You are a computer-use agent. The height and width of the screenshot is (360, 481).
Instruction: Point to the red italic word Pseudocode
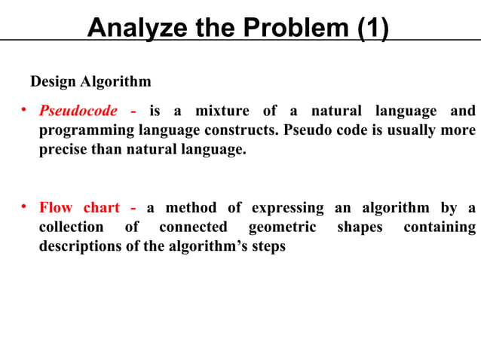[78, 112]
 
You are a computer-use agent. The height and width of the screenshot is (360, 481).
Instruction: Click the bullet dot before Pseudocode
[23, 111]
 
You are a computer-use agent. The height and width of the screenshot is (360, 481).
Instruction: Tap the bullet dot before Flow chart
[23, 206]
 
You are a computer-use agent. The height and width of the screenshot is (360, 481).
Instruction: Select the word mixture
[222, 112]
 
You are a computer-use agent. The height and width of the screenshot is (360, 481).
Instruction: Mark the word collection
[72, 227]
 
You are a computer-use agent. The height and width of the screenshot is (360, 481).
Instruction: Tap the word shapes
[360, 227]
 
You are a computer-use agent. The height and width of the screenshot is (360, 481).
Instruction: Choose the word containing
[439, 227]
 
